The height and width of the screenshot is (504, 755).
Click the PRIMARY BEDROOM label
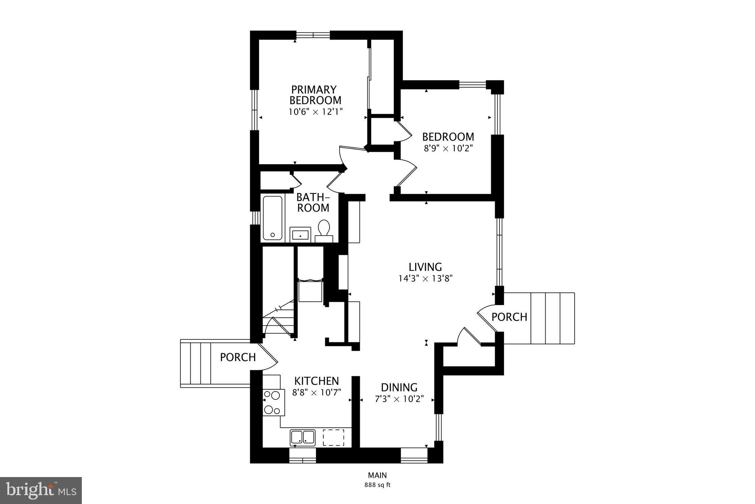click(315, 95)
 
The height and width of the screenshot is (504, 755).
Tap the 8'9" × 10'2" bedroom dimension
click(448, 148)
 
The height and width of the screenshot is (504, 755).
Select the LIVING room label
click(425, 267)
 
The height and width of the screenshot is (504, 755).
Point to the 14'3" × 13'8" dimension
click(425, 278)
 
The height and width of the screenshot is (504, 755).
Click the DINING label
click(399, 387)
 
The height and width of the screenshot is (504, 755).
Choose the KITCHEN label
click(316, 381)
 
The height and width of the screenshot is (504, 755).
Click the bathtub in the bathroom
click(273, 218)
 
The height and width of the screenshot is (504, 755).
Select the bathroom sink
click(300, 234)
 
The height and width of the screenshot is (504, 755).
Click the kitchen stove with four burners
click(273, 402)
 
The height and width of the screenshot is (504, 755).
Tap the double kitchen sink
click(303, 437)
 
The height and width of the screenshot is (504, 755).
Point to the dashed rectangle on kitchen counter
click(333, 438)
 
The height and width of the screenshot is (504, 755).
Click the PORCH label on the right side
click(509, 317)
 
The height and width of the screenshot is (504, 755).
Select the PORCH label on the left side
click(238, 357)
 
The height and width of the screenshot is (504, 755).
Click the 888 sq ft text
click(377, 485)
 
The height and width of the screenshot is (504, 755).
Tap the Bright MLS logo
click(41, 490)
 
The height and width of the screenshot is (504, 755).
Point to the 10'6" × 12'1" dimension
click(316, 112)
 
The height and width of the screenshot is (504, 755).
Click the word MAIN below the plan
click(377, 475)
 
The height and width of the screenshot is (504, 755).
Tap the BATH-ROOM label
click(313, 202)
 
